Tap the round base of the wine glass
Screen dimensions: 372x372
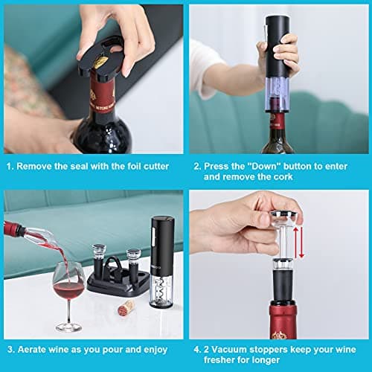click(68, 328)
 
